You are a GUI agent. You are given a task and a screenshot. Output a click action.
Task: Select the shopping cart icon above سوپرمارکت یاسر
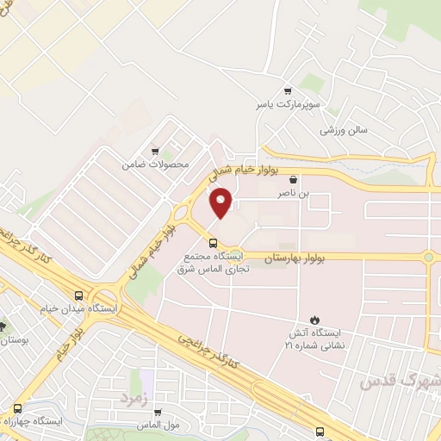click(288, 90)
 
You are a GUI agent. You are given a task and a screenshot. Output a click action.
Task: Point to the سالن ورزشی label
click(344, 130)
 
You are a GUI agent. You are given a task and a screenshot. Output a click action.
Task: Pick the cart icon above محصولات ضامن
click(154, 149)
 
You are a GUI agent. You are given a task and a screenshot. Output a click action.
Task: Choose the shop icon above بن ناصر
click(295, 180)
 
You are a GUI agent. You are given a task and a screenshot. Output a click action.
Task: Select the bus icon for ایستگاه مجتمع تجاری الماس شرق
click(212, 242)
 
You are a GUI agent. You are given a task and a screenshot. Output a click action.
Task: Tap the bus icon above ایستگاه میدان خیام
click(78, 293)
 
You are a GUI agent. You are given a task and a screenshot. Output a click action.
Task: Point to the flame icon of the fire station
click(314, 319)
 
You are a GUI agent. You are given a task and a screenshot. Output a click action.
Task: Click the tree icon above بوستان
click(3, 326)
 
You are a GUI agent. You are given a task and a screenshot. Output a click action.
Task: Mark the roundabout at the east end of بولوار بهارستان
click(428, 256)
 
